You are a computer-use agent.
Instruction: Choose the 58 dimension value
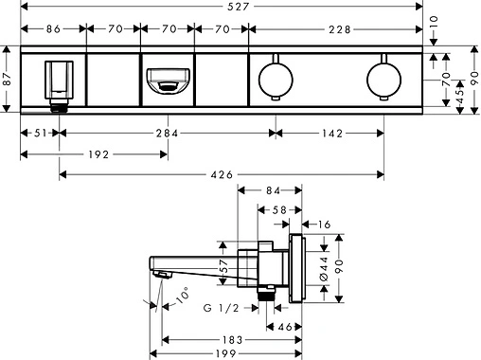point(279,209)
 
